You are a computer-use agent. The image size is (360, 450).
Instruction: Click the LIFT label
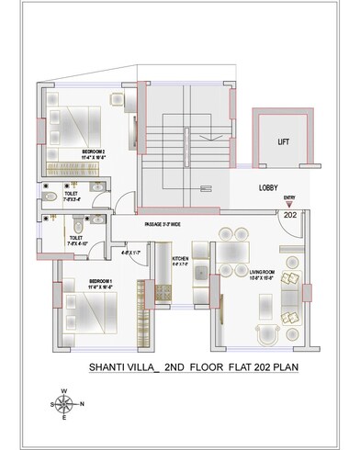(x=284, y=141)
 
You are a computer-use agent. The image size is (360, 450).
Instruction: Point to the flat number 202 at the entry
(x=288, y=213)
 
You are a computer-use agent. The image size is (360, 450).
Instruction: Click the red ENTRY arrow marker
(x=289, y=203)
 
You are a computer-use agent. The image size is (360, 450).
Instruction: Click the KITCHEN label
(x=180, y=260)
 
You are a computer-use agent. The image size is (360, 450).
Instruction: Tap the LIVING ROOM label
(x=262, y=271)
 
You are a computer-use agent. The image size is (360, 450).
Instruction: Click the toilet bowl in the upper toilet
(x=48, y=194)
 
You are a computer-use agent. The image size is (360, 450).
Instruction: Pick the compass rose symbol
(x=63, y=403)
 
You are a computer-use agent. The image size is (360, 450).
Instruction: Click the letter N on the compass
(x=83, y=404)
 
